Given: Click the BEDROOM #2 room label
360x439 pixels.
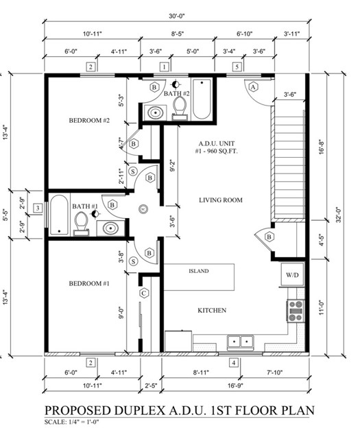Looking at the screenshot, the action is click(x=89, y=121).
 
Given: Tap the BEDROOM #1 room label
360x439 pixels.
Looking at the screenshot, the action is click(x=89, y=283).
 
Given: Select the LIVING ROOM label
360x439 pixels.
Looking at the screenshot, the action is click(x=221, y=200).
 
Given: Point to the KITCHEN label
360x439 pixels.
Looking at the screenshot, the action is click(x=212, y=310).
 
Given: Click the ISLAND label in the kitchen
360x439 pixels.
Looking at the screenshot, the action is click(x=198, y=271).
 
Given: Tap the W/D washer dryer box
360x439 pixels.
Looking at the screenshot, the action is click(x=292, y=274).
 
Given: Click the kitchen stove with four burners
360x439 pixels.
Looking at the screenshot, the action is click(x=296, y=311).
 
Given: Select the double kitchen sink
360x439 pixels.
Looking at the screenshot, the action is click(x=240, y=342).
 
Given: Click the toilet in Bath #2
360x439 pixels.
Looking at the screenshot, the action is click(x=180, y=108).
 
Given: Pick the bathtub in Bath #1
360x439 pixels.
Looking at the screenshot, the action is click(x=59, y=215).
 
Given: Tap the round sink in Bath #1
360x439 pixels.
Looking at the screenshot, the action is click(x=111, y=228).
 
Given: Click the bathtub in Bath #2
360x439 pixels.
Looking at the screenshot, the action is click(x=202, y=99).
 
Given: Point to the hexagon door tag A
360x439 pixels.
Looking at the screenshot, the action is click(x=253, y=87).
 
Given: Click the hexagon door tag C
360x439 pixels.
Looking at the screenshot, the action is click(x=143, y=293).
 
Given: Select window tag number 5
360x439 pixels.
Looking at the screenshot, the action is click(x=237, y=67).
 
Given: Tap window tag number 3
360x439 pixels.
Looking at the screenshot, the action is click(x=38, y=208).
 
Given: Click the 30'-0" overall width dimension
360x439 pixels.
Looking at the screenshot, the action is click(x=177, y=16).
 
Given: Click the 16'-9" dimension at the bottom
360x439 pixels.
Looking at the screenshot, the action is click(x=235, y=385).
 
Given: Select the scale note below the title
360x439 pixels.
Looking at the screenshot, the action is click(x=72, y=422).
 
